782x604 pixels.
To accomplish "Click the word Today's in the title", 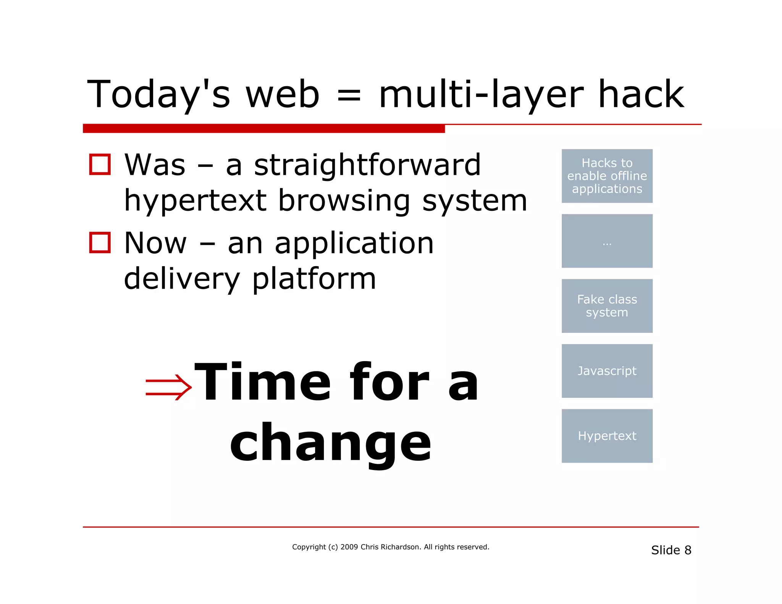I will tap(158, 94).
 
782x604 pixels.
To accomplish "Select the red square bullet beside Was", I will tap(100, 165).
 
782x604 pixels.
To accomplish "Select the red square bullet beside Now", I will tap(100, 243).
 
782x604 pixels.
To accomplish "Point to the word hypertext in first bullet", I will tap(195, 201).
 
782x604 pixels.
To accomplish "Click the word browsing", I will tap(344, 201).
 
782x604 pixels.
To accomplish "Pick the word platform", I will tap(314, 279).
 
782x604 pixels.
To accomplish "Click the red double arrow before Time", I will tap(168, 387).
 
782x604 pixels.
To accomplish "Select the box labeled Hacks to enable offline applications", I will tap(607, 176).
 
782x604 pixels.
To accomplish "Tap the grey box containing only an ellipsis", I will tap(607, 241).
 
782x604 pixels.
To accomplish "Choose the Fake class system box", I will tap(607, 306).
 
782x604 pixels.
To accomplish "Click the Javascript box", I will tap(607, 371).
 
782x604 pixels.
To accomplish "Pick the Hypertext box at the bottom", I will tap(607, 436).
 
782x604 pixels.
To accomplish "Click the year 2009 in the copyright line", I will tap(349, 547).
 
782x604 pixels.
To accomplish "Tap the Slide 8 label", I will tap(671, 550).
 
